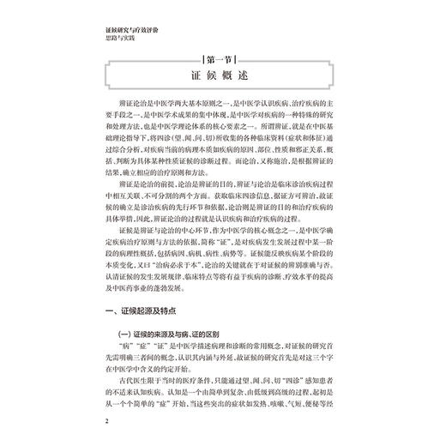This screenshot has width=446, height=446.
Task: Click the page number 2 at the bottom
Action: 102,422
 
